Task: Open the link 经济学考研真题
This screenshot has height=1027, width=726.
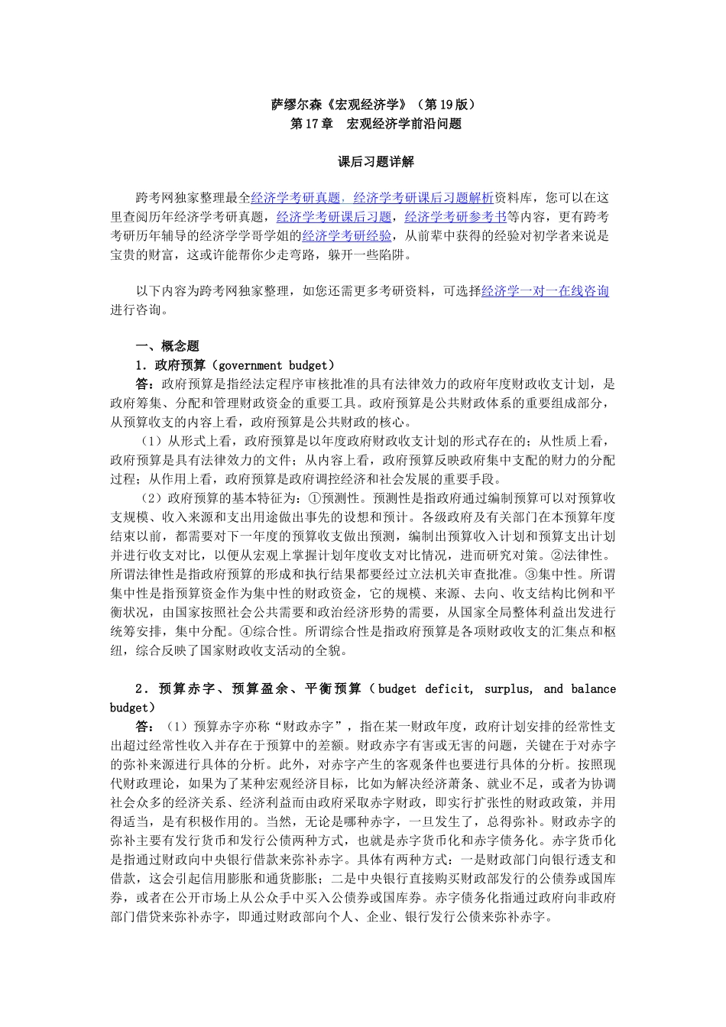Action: click(x=295, y=198)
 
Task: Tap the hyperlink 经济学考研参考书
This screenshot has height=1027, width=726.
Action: click(x=455, y=217)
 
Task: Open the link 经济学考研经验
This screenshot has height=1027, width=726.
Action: click(x=347, y=236)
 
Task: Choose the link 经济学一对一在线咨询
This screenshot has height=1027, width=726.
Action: click(x=545, y=291)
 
